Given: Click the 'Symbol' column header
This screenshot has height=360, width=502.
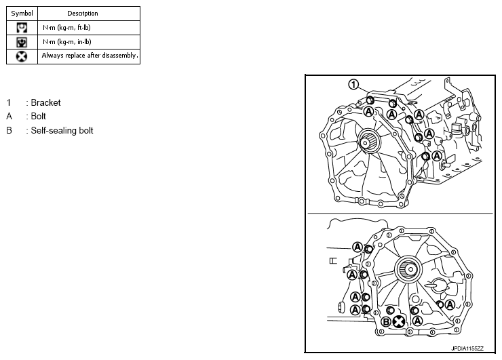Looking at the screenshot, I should click(22, 13).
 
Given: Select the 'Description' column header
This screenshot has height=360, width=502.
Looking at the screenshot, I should click(83, 13).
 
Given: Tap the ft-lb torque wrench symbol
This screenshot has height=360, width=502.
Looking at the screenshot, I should click(22, 27).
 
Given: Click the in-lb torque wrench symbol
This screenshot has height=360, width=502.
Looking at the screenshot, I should click(22, 41).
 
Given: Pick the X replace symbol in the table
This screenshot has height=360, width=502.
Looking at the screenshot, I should click(22, 56).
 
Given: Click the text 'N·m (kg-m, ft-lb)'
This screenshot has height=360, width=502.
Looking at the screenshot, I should click(66, 27).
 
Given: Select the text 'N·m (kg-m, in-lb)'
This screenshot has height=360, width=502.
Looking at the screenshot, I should click(66, 41).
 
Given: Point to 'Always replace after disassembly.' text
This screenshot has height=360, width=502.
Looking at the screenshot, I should click(90, 56).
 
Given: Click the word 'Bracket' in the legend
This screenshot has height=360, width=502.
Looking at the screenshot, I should click(45, 103).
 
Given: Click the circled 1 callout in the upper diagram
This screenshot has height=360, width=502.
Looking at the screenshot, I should click(353, 84).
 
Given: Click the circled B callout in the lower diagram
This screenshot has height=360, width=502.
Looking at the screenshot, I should click(386, 321).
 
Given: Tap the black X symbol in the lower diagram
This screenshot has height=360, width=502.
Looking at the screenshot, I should click(399, 321).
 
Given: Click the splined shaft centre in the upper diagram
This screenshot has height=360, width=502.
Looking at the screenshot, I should click(371, 143).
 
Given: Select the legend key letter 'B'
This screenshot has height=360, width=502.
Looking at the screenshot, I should click(9, 130).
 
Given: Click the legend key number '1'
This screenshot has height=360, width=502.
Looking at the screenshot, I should click(9, 103).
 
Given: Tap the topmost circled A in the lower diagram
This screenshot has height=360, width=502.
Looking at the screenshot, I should click(357, 247).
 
